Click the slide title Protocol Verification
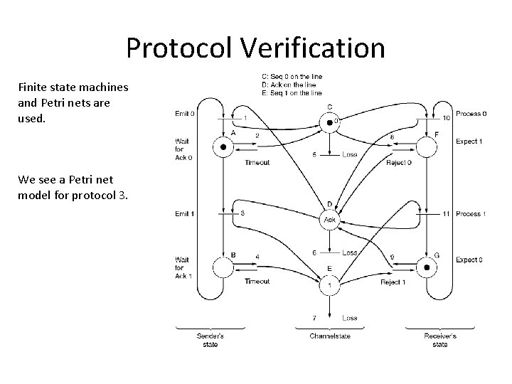point(256,48)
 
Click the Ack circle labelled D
point(329,220)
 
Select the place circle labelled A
point(223,148)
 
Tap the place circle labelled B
point(223,268)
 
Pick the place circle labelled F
point(426,148)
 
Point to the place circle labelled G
point(426,268)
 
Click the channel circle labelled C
point(329,123)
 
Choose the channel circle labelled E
point(329,285)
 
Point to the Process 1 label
point(471,213)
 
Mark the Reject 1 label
point(392,282)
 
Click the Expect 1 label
point(469,142)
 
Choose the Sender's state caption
point(210,340)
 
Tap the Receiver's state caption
point(439,340)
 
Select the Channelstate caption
point(329,336)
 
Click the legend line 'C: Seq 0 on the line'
point(292,78)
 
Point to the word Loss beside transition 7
point(348,318)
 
